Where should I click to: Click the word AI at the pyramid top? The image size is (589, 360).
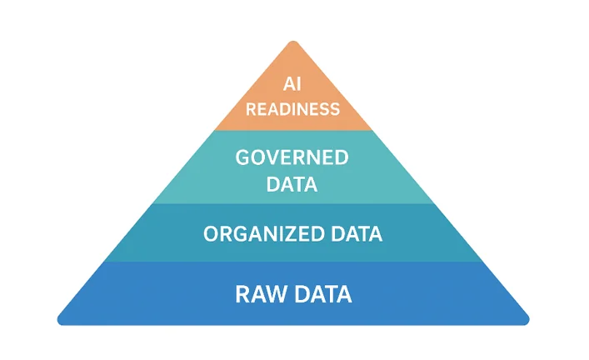[x=292, y=84]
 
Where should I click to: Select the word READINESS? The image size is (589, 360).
[x=292, y=109]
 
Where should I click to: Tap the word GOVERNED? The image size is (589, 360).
[x=292, y=157]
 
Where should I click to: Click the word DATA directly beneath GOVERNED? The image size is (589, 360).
[x=292, y=184]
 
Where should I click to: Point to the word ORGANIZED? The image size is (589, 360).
[x=264, y=233]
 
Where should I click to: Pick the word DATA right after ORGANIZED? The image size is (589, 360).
[x=357, y=233]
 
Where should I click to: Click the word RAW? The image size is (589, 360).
[x=260, y=294]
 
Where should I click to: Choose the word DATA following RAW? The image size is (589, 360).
[x=323, y=294]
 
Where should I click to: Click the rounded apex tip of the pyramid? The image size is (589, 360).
[x=293, y=42]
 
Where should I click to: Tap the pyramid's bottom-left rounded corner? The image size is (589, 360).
[x=60, y=321]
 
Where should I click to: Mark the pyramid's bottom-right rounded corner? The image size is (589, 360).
[x=527, y=321]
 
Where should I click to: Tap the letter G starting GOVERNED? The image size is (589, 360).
[x=242, y=157]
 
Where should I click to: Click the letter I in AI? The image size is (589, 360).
[x=299, y=84]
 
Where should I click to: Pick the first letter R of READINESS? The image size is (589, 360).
[x=251, y=109]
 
